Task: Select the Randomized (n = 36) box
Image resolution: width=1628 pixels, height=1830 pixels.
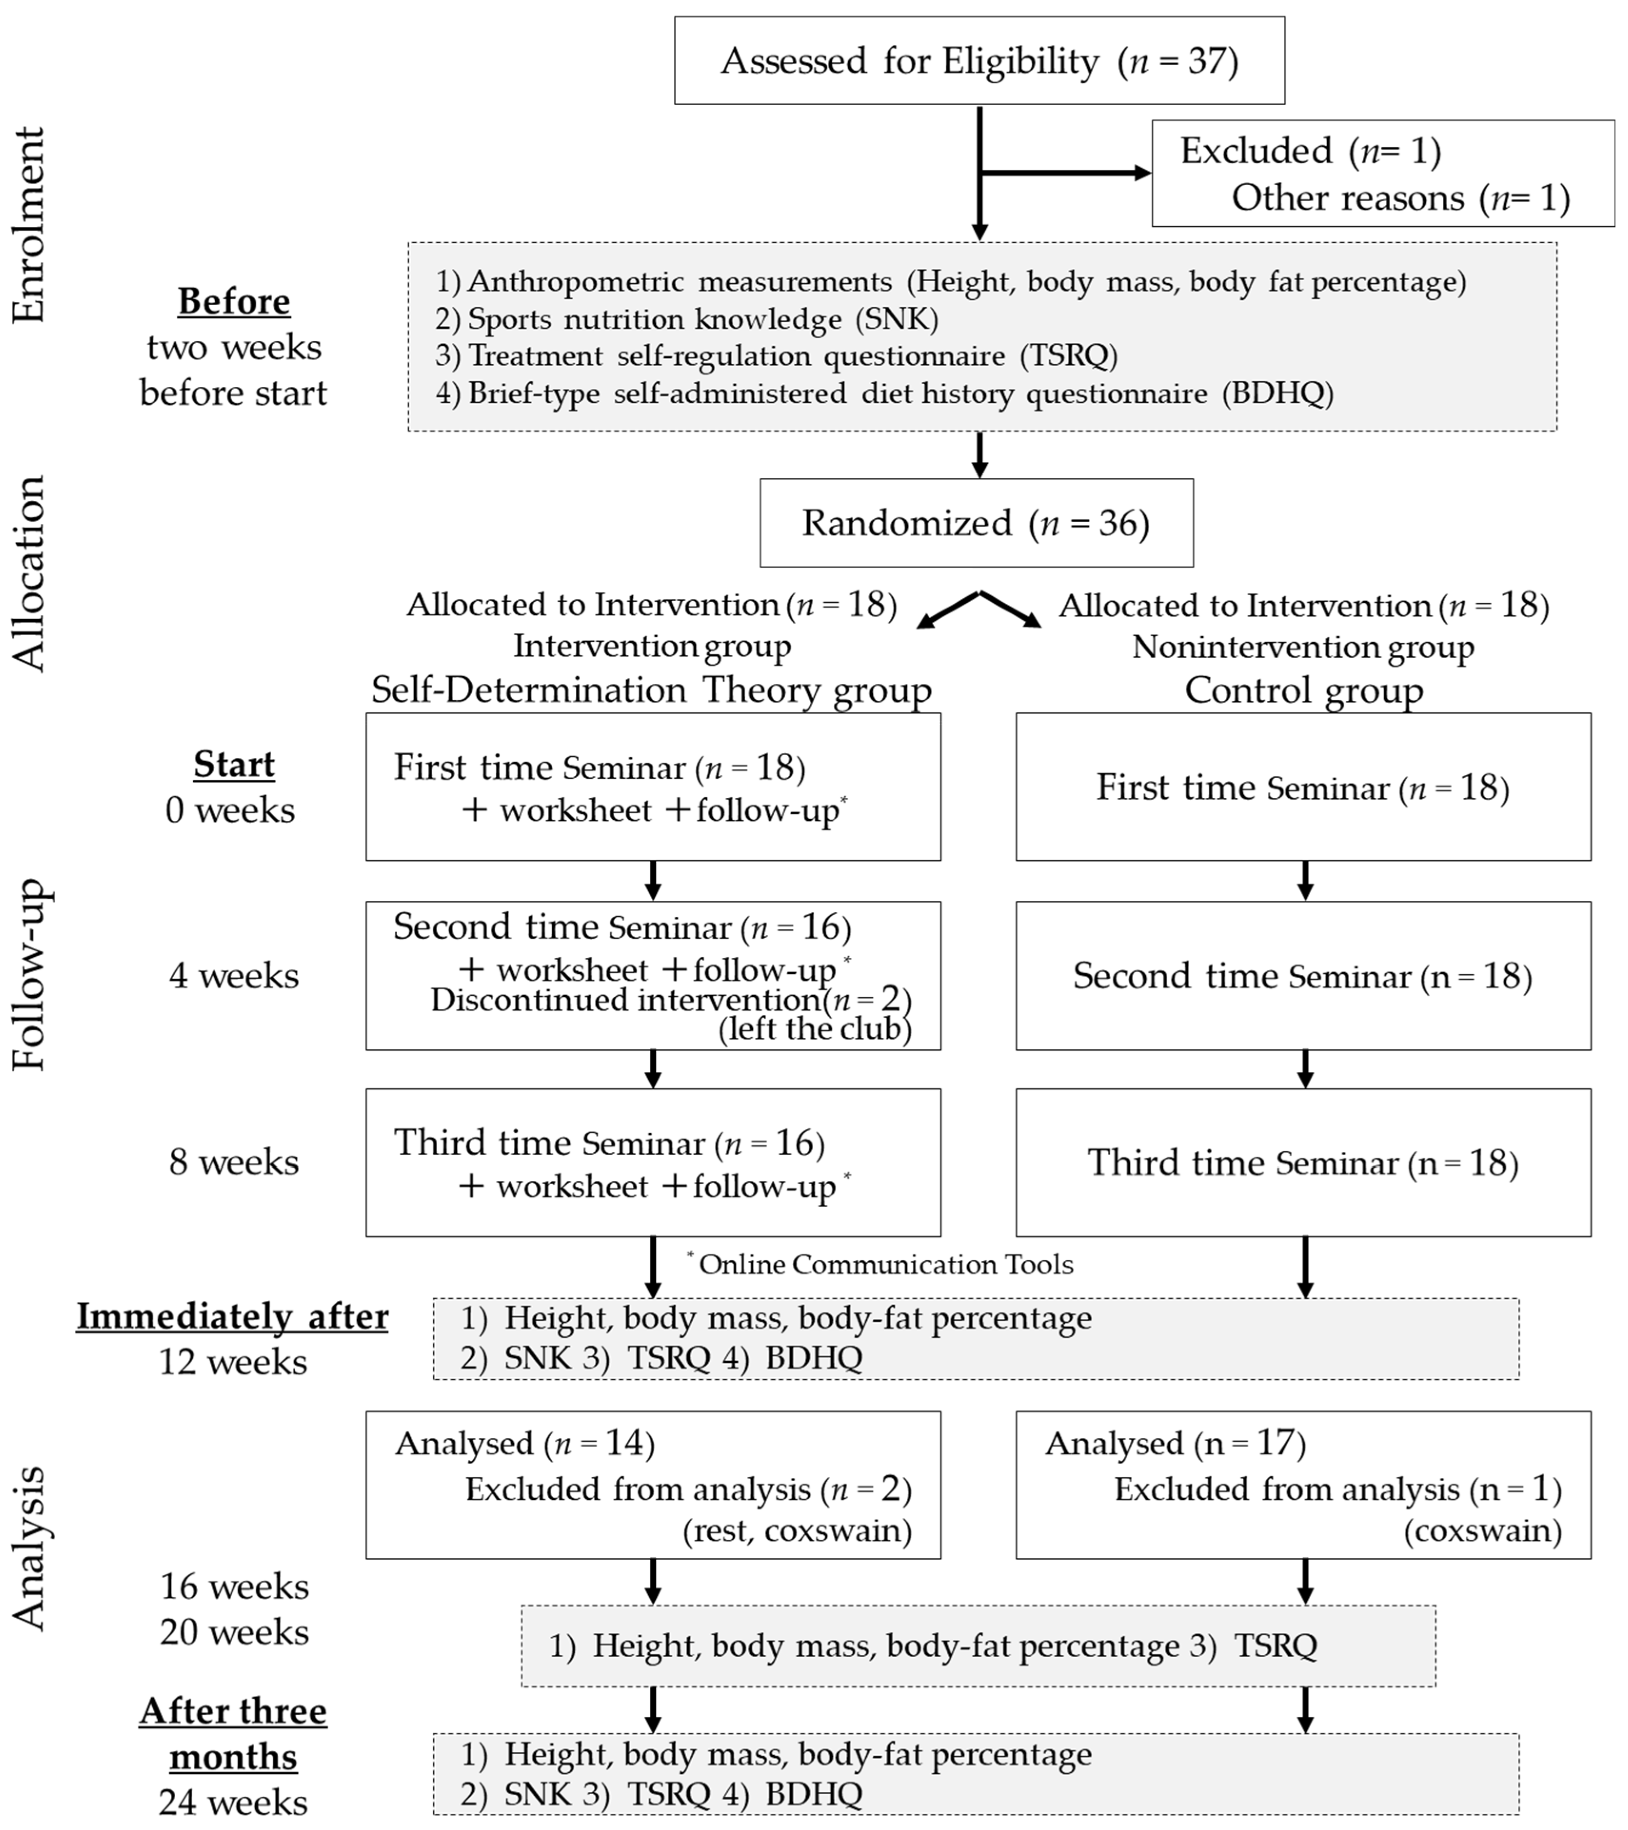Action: pos(976,523)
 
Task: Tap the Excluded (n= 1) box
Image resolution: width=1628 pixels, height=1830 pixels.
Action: pos(1382,174)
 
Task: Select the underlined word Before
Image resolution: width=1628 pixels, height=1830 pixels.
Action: pos(234,302)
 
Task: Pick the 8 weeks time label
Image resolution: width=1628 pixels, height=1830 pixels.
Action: pos(234,1162)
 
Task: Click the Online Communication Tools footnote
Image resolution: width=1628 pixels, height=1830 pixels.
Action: pos(885,1264)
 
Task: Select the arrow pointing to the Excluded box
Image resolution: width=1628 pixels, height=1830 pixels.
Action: pos(1066,173)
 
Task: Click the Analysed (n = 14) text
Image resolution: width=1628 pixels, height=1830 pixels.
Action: pos(525,1443)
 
